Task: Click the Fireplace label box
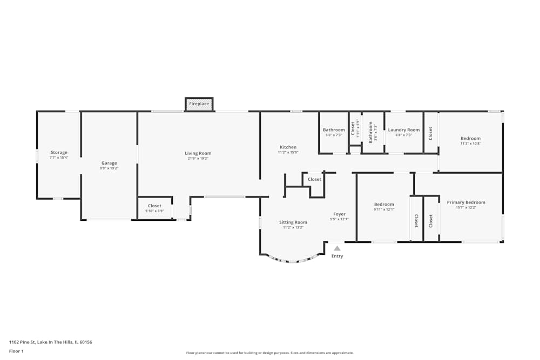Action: pos(199,104)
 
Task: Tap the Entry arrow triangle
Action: pos(337,248)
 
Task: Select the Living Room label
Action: pos(198,153)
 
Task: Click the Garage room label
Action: pos(109,163)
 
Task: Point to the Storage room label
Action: pos(59,153)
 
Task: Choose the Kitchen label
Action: pos(288,147)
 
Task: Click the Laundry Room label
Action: pos(403,130)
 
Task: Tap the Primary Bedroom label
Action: pos(465,202)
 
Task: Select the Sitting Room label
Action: pos(293,222)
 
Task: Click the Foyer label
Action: pos(339,214)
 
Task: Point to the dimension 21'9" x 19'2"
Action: pos(198,159)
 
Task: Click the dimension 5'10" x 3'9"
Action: pos(154,211)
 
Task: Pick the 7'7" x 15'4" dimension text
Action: pos(59,158)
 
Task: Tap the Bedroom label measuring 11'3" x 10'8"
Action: pos(470,139)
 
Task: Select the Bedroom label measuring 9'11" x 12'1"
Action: pos(384,205)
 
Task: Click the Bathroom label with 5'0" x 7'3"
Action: pos(334,130)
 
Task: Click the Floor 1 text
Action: pos(16,351)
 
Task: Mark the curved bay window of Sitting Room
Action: pos(292,261)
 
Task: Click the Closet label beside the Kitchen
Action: pos(314,179)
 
